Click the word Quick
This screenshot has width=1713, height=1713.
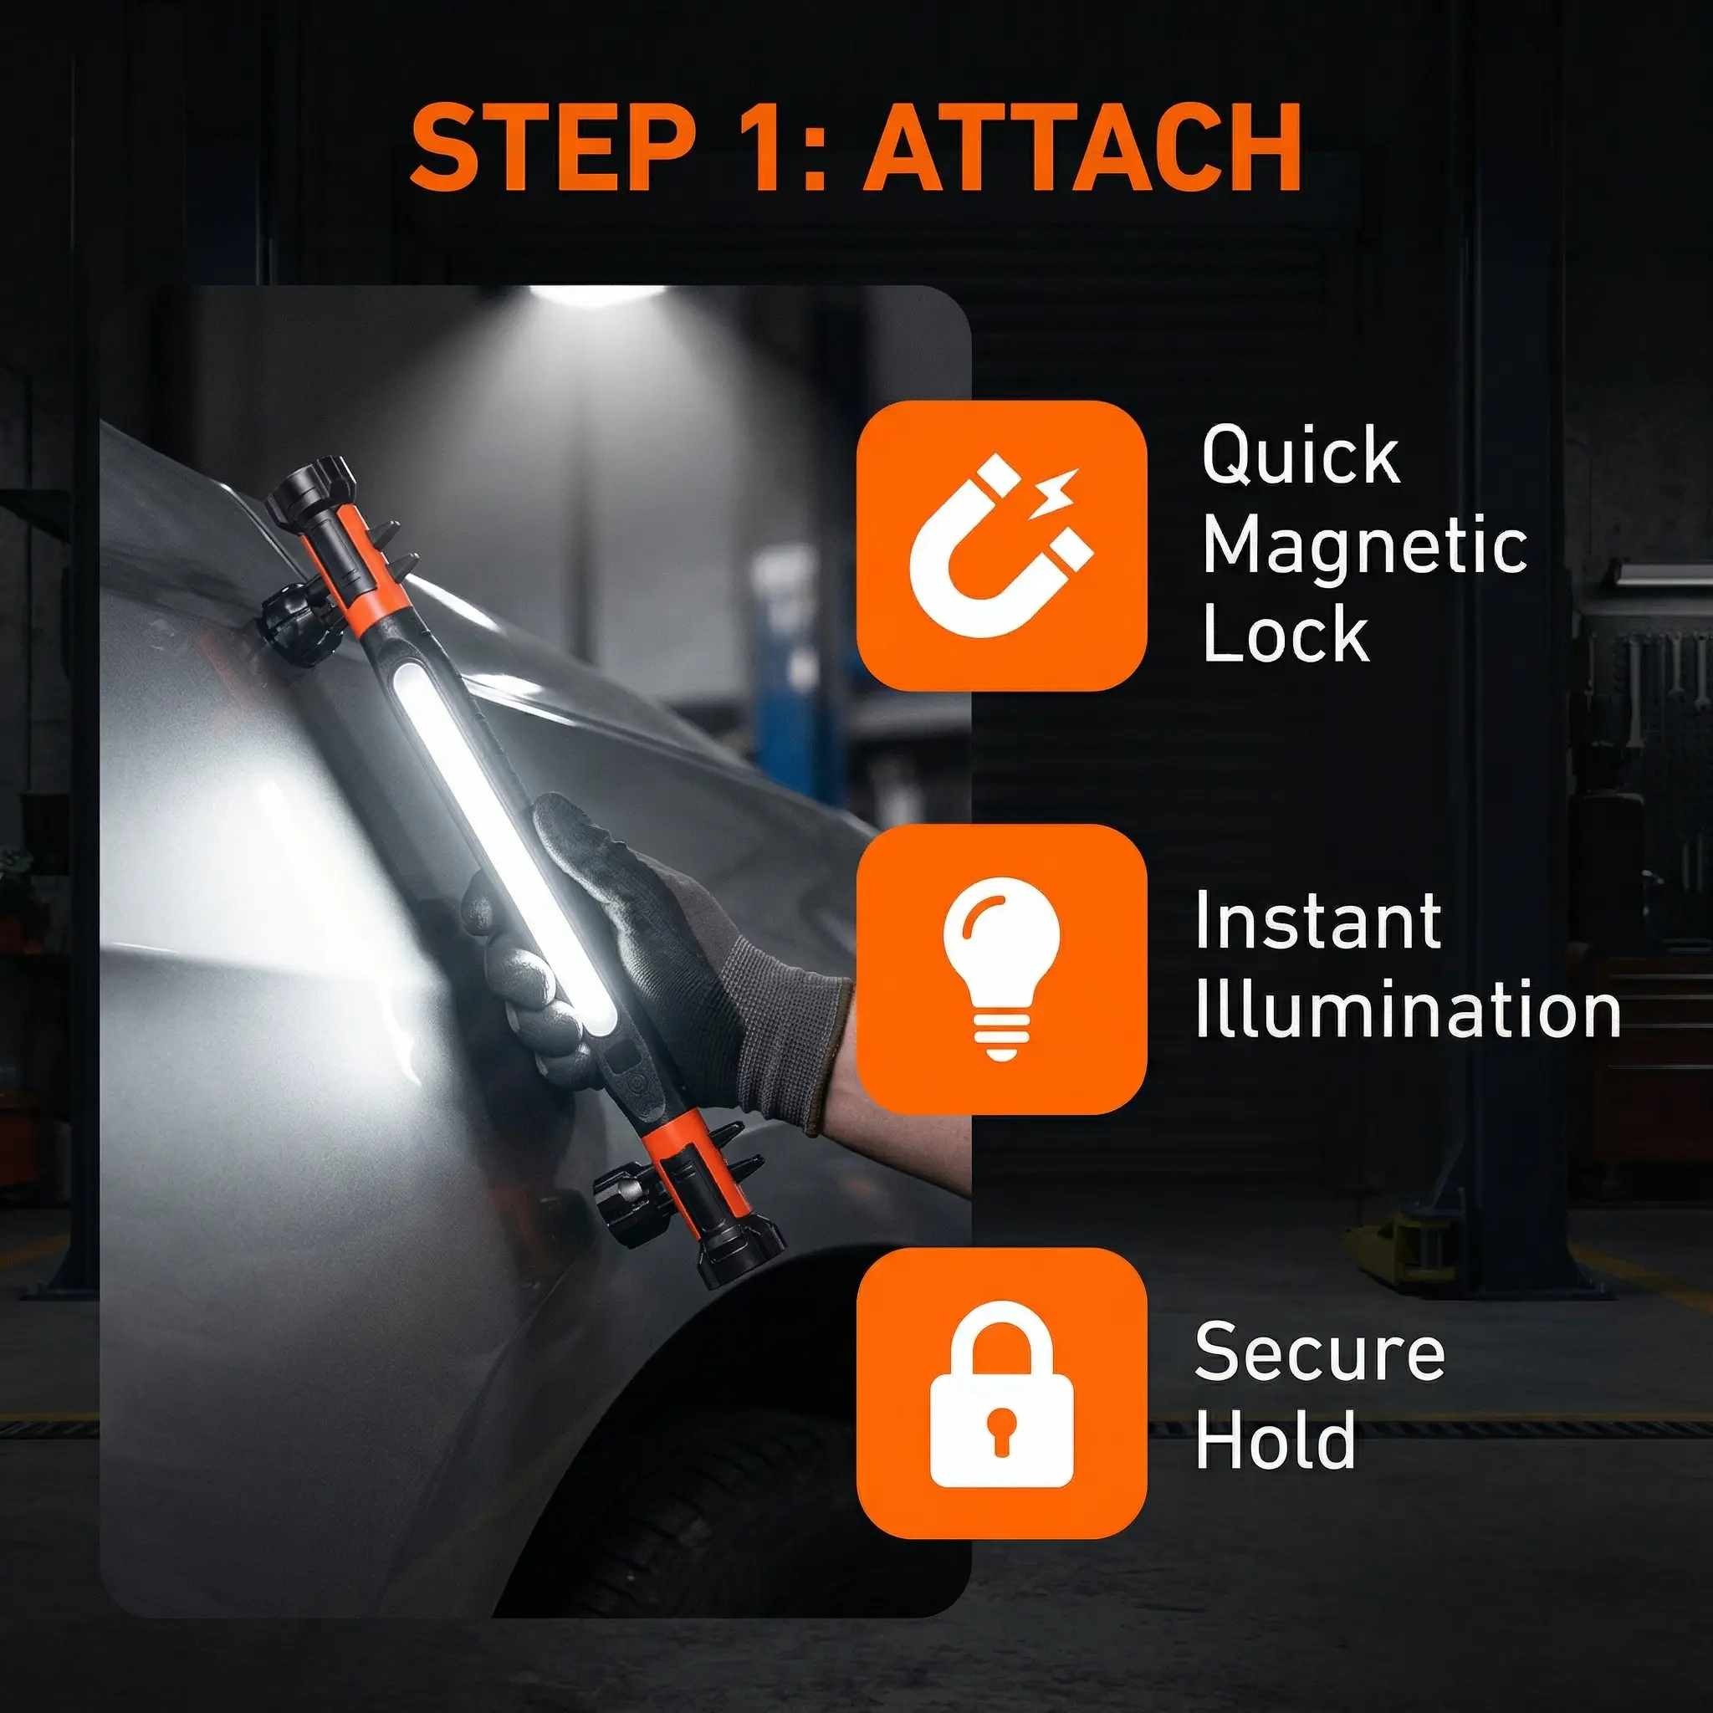click(1301, 457)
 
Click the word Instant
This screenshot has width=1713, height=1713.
click(1317, 921)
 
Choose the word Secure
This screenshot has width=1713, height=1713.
click(1320, 1353)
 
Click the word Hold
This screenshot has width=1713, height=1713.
click(1275, 1440)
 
